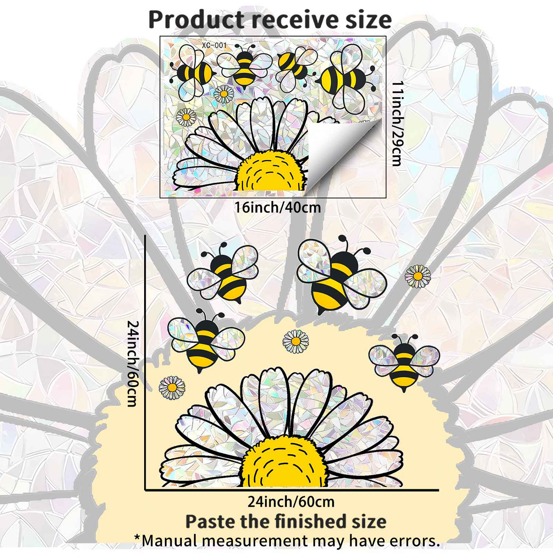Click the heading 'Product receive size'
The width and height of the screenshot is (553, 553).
(x=270, y=20)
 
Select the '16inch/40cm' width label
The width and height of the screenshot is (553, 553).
(x=278, y=208)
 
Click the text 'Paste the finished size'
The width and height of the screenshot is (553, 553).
(x=286, y=521)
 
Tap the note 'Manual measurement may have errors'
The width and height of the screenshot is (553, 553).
(x=287, y=541)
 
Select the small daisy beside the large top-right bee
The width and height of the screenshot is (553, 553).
(x=418, y=276)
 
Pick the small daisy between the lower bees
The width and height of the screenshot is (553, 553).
(x=296, y=341)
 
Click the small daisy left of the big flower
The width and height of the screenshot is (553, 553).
(x=172, y=387)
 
